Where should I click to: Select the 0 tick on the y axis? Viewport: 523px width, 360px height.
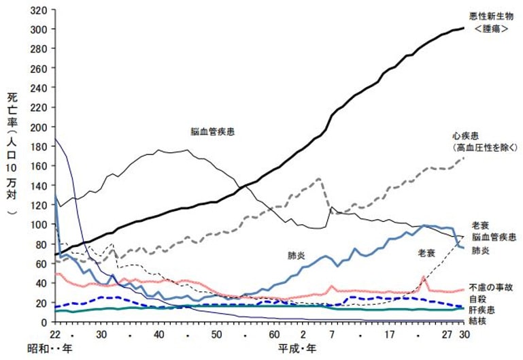pos(45,322)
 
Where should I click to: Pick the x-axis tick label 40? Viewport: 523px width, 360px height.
pos(158,335)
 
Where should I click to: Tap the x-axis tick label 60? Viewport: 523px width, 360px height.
pos(273,335)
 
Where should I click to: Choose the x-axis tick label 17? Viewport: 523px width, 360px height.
pos(390,335)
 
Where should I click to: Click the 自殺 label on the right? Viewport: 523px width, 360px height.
pos(476,298)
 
